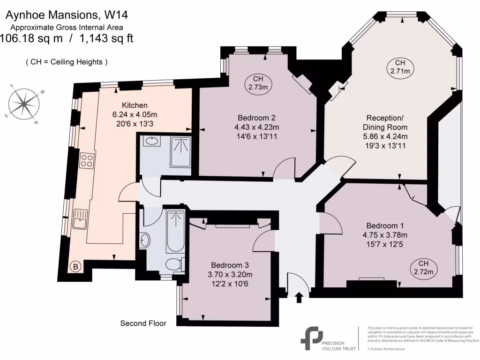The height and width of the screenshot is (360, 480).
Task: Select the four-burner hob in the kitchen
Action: (87, 161)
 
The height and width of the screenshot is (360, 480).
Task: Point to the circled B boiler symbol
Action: (75, 267)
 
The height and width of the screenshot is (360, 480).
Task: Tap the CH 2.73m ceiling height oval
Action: (260, 83)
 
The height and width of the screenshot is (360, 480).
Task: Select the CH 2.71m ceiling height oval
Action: (400, 67)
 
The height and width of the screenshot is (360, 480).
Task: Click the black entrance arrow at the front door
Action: (300, 297)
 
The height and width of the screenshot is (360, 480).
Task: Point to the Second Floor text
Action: (143, 323)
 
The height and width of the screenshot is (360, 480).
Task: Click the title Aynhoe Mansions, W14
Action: (66, 15)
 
